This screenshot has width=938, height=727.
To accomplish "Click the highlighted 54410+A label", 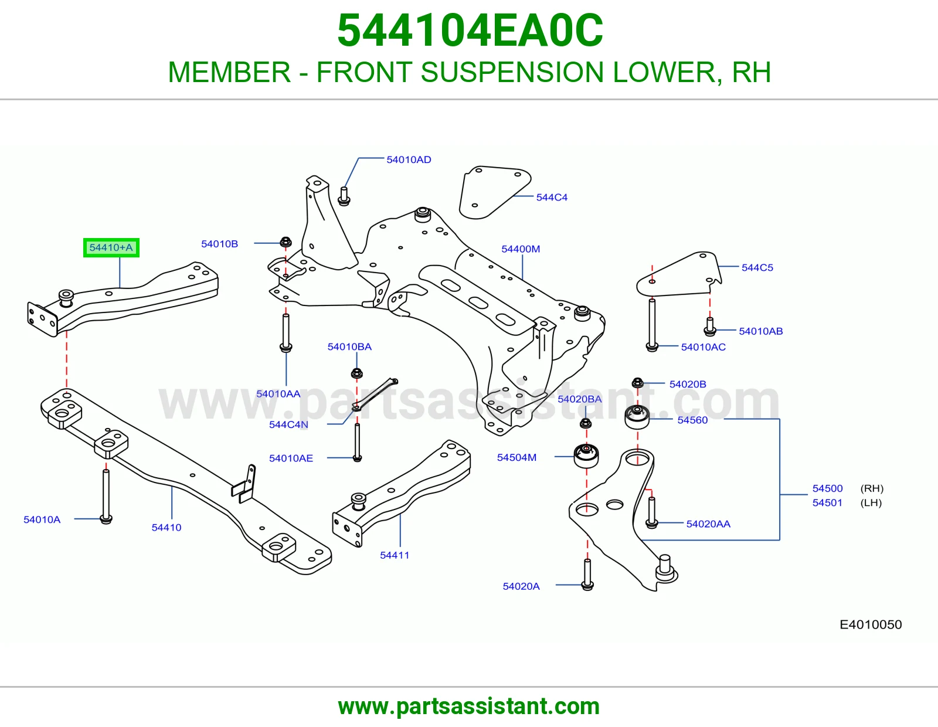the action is (x=111, y=247).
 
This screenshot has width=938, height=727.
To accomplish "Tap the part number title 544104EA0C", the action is (x=470, y=30).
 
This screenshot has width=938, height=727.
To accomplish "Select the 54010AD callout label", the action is (x=409, y=159).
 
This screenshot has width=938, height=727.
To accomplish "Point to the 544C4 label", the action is (x=551, y=198).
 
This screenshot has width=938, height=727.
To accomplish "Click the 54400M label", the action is (x=520, y=249).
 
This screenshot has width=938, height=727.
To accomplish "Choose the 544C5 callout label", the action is (x=757, y=268).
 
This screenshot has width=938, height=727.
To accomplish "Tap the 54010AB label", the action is (x=760, y=331).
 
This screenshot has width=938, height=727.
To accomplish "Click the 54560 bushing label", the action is (x=692, y=420).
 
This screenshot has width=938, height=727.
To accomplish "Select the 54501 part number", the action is (x=827, y=502).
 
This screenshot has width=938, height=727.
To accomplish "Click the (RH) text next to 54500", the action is (x=872, y=488).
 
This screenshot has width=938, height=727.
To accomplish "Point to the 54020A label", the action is (x=521, y=586).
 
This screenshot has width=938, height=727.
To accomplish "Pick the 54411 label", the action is (x=394, y=555).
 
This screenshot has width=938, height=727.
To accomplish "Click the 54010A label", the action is (x=42, y=519).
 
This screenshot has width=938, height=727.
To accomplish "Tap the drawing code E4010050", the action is (x=870, y=624).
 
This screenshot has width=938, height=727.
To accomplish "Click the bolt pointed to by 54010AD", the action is (x=344, y=196).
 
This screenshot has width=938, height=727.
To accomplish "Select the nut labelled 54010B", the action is (x=286, y=242).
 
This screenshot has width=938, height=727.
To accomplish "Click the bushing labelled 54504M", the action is (x=586, y=456).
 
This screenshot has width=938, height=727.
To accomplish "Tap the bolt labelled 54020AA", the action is (x=651, y=512).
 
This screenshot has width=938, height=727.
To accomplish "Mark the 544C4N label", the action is (x=288, y=424).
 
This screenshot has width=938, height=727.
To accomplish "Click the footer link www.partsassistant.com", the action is (x=469, y=706).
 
